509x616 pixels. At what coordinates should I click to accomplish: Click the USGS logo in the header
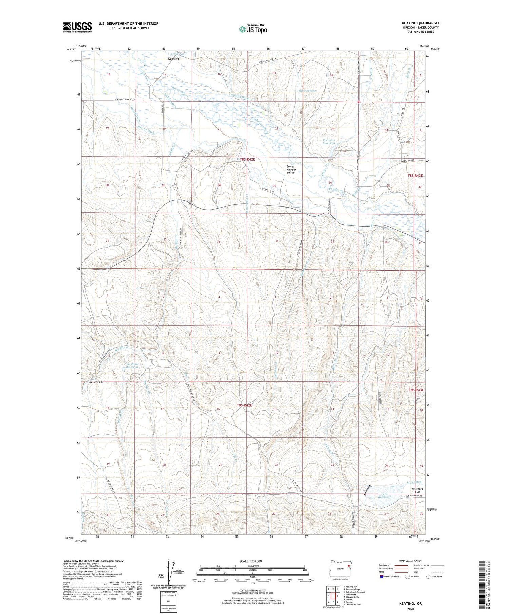[x=77, y=27]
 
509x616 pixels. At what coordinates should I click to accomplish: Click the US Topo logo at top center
[x=253, y=29]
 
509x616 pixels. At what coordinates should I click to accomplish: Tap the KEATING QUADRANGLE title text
[x=420, y=23]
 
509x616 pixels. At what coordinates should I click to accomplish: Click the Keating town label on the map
[x=173, y=59]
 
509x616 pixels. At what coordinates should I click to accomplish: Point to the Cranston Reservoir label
[x=329, y=141]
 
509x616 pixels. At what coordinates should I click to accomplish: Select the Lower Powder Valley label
[x=291, y=170]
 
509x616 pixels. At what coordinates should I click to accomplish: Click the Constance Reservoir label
[x=132, y=365]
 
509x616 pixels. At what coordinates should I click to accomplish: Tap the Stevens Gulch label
[x=94, y=382]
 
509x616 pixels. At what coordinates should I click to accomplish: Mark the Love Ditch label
[x=414, y=482]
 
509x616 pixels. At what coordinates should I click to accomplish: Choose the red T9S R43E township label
[x=416, y=390]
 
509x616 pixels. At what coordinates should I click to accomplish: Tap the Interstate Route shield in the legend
[x=382, y=576]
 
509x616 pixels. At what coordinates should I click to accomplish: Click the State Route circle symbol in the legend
[x=428, y=576]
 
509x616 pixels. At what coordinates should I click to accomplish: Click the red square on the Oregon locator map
[x=348, y=566]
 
